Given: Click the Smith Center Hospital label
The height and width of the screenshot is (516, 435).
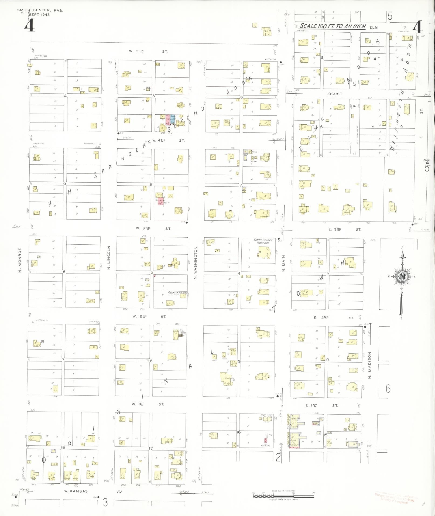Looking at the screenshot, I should (x=263, y=241).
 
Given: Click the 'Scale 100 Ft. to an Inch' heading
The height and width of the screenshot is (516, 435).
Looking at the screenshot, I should (x=333, y=26).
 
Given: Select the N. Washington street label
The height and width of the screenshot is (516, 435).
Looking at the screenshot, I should (x=196, y=263).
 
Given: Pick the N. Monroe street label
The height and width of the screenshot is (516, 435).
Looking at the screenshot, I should (x=20, y=260).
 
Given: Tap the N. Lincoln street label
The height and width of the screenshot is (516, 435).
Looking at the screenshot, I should (x=109, y=257).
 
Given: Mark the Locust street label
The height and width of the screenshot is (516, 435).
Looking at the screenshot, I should (x=334, y=94).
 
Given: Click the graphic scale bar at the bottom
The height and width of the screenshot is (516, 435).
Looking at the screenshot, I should (x=283, y=496).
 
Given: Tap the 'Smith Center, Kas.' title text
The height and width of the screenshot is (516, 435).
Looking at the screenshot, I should (x=40, y=10).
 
